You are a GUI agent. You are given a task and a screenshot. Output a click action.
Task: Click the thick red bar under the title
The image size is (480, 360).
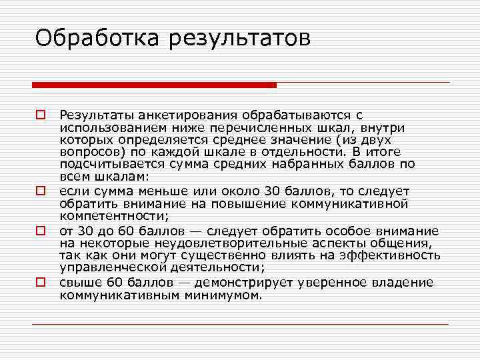tap(154, 85)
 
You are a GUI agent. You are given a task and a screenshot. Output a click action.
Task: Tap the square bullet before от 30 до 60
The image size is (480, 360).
tap(40, 231)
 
